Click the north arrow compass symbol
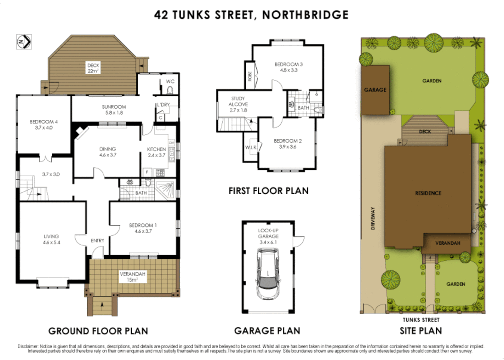click(24, 42)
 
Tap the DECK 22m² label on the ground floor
click(93, 68)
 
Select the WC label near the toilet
click(170, 81)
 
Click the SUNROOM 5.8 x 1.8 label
click(114, 110)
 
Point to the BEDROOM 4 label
click(44, 125)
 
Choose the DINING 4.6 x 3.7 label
click(108, 152)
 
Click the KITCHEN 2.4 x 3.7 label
click(156, 152)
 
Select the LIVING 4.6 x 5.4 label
click(51, 239)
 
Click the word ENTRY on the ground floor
click(97, 241)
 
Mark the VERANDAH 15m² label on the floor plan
click(132, 277)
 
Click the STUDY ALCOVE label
click(238, 104)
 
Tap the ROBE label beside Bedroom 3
click(250, 76)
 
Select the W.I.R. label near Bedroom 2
click(251, 147)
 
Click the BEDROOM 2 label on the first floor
click(288, 144)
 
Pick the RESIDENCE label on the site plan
click(428, 193)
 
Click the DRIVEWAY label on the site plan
click(373, 218)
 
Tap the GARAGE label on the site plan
click(375, 90)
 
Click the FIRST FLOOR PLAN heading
click(268, 191)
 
